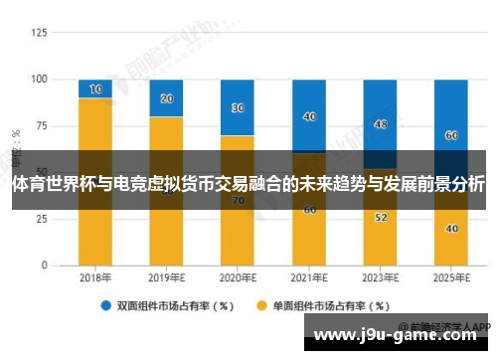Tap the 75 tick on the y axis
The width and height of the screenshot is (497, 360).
pos(40,125)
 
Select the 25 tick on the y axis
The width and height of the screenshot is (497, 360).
pos(40,219)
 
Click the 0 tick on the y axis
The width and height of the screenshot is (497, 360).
pos(43,266)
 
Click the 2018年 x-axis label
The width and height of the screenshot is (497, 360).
pos(95,280)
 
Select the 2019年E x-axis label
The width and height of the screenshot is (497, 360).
pos(166,280)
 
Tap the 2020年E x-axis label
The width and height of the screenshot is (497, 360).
pos(238,280)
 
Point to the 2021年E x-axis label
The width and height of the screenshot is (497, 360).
pos(309,280)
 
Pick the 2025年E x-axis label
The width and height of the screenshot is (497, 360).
pos(451,280)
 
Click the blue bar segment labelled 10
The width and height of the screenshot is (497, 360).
pos(95,89)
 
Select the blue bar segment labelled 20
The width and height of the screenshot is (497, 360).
pos(166,97)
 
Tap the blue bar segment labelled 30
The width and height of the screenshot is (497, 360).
pos(238,107)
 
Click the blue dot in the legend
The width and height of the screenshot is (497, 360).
pos(104,305)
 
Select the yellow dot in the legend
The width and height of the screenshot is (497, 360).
pos(263,305)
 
